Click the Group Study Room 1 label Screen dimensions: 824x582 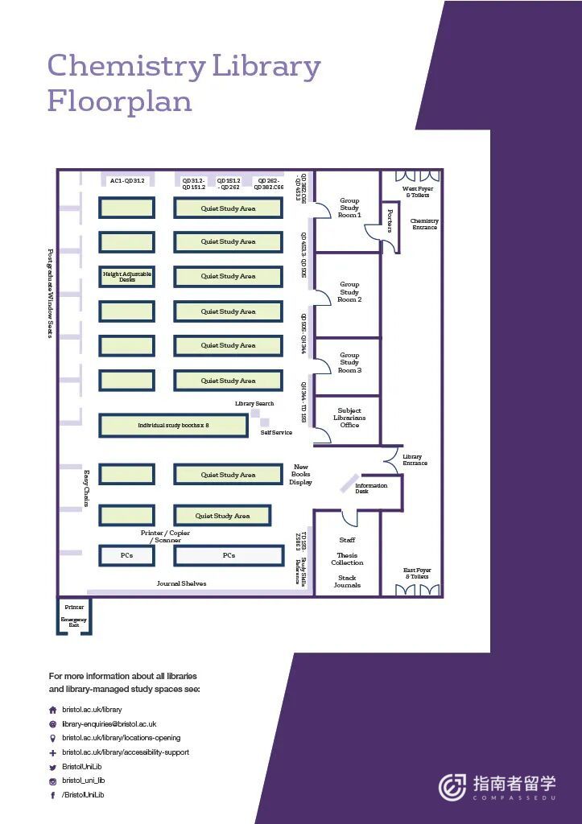[349, 208]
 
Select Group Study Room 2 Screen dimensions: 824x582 [349, 291]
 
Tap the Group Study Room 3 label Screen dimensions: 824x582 [349, 362]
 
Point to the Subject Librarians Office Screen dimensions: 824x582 [349, 418]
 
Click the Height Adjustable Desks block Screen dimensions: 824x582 [126, 277]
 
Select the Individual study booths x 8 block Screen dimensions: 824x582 [173, 425]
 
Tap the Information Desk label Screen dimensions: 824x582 [370, 488]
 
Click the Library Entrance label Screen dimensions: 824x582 [415, 459]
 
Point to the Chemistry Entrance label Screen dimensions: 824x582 [424, 224]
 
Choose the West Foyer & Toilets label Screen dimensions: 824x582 [417, 192]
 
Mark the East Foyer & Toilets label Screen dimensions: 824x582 [417, 573]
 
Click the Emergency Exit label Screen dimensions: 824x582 [74, 622]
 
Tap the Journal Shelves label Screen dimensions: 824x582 [181, 583]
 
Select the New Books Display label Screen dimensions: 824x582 [300, 474]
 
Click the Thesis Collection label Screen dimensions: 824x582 [347, 558]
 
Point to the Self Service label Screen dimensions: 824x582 [276, 432]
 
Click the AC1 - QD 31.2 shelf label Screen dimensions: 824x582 [127, 181]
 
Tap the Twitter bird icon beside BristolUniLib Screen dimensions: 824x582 [53, 767]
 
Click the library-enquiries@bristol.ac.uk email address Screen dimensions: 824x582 [109, 724]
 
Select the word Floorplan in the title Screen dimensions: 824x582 [119, 102]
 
